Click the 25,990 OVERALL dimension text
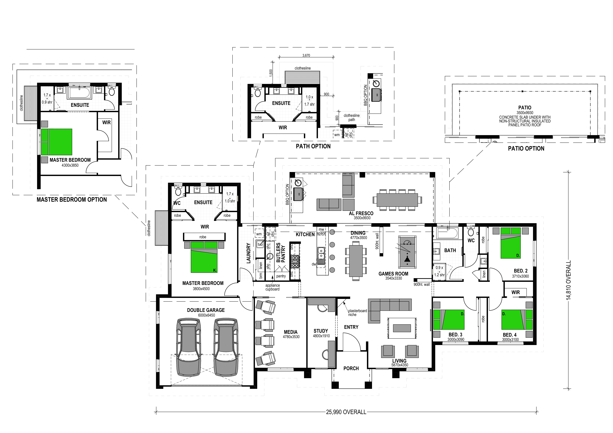tap(346, 412)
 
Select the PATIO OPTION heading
tap(526, 149)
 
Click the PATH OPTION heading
tap(313, 146)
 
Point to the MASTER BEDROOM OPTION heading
tap(72, 200)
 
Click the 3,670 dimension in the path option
tap(306, 56)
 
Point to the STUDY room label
tap(321, 331)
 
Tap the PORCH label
tap(351, 368)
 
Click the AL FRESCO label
tap(361, 213)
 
